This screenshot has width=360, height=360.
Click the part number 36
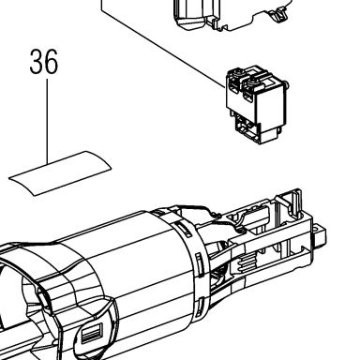point(44,62)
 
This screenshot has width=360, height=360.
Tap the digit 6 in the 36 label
point(52,62)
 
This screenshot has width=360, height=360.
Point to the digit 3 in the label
point(37,62)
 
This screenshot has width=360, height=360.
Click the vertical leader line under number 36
point(47,121)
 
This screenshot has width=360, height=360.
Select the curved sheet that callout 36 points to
point(60,173)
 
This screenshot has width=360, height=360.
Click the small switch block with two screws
point(257,105)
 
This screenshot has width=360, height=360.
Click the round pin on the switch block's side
point(287,85)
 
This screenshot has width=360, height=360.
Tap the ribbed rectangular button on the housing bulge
point(92,335)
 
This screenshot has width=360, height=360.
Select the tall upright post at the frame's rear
point(296,202)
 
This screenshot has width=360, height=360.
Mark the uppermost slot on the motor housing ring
point(185,229)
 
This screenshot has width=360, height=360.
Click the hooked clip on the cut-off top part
point(279,14)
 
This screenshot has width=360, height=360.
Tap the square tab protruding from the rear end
point(319,235)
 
